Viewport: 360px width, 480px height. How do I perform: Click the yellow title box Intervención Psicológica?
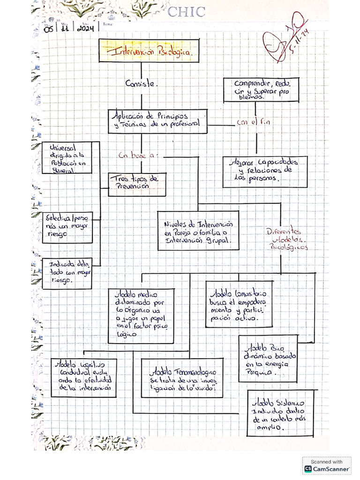pos(149,51)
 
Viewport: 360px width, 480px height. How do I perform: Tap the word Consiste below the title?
pos(141,84)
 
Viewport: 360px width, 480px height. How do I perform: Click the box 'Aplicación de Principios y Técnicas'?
pos(157,121)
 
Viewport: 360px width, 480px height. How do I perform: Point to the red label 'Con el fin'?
pos(254,122)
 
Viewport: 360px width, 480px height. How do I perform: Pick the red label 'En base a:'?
pos(138,156)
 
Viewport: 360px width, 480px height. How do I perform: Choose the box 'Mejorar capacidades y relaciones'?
pos(265,172)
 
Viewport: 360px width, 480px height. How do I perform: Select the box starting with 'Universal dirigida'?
pos(67,157)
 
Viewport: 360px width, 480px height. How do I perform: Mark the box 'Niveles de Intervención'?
pos(198,230)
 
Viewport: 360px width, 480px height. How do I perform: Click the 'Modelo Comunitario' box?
pos(239,304)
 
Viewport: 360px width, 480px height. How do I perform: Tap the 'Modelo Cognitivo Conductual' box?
pos(83,377)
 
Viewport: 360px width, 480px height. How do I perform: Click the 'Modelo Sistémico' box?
pos(280,413)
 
